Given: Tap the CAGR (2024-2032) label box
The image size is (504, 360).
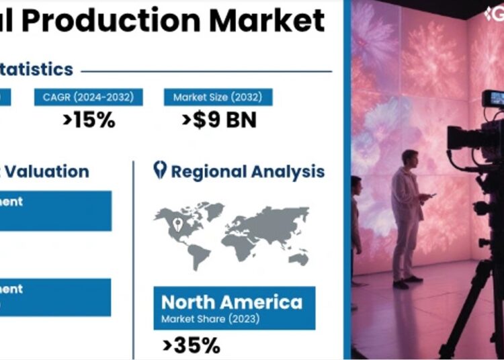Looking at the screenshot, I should click(89, 97).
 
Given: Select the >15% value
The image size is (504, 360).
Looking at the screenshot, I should click(89, 120).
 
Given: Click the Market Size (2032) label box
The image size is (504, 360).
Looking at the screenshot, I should click(218, 97).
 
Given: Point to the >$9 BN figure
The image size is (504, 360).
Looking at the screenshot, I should click(219, 120).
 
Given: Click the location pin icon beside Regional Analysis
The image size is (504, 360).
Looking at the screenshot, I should click(159, 170).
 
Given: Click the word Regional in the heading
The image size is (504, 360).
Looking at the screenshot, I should click(209, 171).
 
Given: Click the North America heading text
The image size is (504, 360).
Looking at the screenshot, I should click(232, 302).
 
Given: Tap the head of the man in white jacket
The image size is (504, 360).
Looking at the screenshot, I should click(409, 159).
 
